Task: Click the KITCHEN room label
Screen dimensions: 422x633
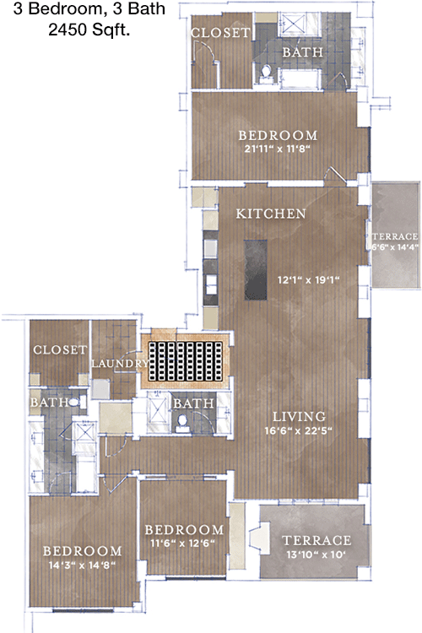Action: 271,214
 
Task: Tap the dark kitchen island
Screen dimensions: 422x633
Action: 255,270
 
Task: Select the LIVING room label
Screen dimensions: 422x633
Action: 299,416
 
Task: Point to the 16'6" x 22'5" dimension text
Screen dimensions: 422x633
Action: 298,430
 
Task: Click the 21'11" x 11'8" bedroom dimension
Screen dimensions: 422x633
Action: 277,149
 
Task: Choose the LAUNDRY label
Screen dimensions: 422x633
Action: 120,363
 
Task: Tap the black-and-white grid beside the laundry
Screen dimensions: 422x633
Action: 186,361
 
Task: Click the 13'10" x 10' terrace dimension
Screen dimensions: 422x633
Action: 316,555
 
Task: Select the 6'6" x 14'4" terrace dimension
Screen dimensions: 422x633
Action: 395,246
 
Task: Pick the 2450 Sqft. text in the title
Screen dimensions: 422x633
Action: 89,30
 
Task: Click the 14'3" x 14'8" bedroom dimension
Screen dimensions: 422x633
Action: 82,565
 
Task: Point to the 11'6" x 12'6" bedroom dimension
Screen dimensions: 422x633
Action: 182,544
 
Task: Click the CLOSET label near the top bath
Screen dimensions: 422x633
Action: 220,33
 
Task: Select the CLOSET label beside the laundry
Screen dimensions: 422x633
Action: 60,349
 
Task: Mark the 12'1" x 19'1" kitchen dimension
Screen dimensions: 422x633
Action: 308,279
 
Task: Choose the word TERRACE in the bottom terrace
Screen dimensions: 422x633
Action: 316,540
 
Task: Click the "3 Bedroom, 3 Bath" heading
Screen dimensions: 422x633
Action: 89,9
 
